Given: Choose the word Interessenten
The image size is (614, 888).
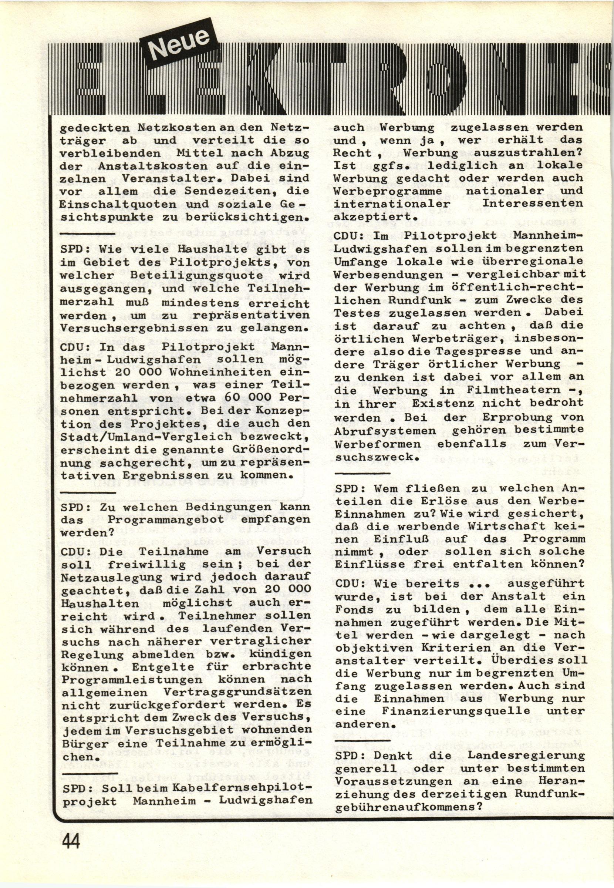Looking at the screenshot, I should [533, 203].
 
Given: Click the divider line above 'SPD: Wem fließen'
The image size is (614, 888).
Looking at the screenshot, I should [363, 474].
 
